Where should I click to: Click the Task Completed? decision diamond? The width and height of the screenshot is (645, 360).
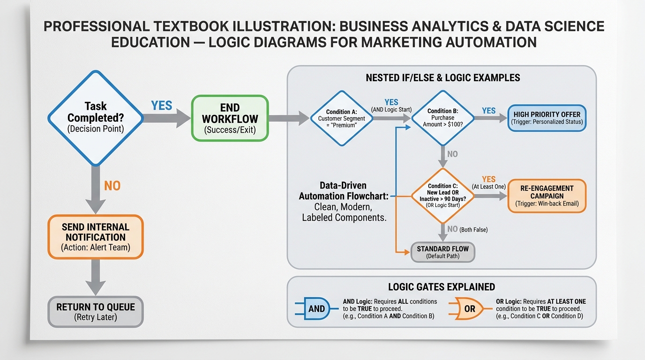pos(96,118)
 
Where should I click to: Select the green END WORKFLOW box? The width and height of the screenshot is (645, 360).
pos(230,118)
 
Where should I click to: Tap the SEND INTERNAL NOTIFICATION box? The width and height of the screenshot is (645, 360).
pos(96,237)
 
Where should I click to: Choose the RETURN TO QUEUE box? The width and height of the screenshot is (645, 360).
pos(96,312)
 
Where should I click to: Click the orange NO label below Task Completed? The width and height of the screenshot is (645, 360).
pos(112,186)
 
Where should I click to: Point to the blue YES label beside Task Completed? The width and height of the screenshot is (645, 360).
pos(162,105)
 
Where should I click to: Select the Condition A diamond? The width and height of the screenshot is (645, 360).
pos(342,118)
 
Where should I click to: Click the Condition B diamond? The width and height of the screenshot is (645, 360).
pos(443,118)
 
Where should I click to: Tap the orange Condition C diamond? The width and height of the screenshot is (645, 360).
pos(443,196)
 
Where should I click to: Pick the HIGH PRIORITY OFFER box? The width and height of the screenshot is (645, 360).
pos(547,118)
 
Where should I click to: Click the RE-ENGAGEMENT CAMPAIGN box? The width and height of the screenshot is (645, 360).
pos(547,196)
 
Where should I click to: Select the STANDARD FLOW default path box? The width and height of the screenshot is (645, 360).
pos(443,252)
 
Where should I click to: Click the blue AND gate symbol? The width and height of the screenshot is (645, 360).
pos(316,308)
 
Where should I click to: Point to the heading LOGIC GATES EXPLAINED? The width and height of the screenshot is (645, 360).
pos(442,287)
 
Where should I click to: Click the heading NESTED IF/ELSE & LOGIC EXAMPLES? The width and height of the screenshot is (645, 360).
pos(443,78)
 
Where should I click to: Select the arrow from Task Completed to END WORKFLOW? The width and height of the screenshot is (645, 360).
pos(167,118)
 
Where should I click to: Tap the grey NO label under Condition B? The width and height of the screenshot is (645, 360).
pos(452,154)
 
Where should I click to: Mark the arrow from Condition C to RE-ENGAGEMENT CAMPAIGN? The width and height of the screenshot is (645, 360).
pos(491,196)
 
